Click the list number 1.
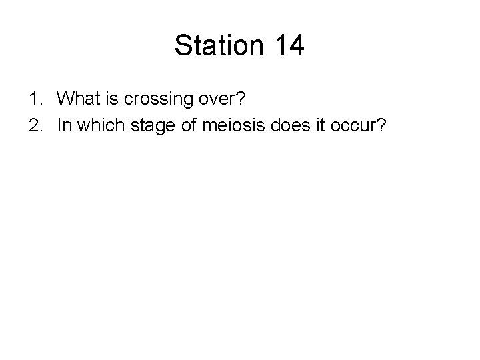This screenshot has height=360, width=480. point(33,100)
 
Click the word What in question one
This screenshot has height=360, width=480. point(77,100)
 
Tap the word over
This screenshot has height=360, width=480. point(219,100)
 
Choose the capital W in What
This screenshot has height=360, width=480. point(66,100)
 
